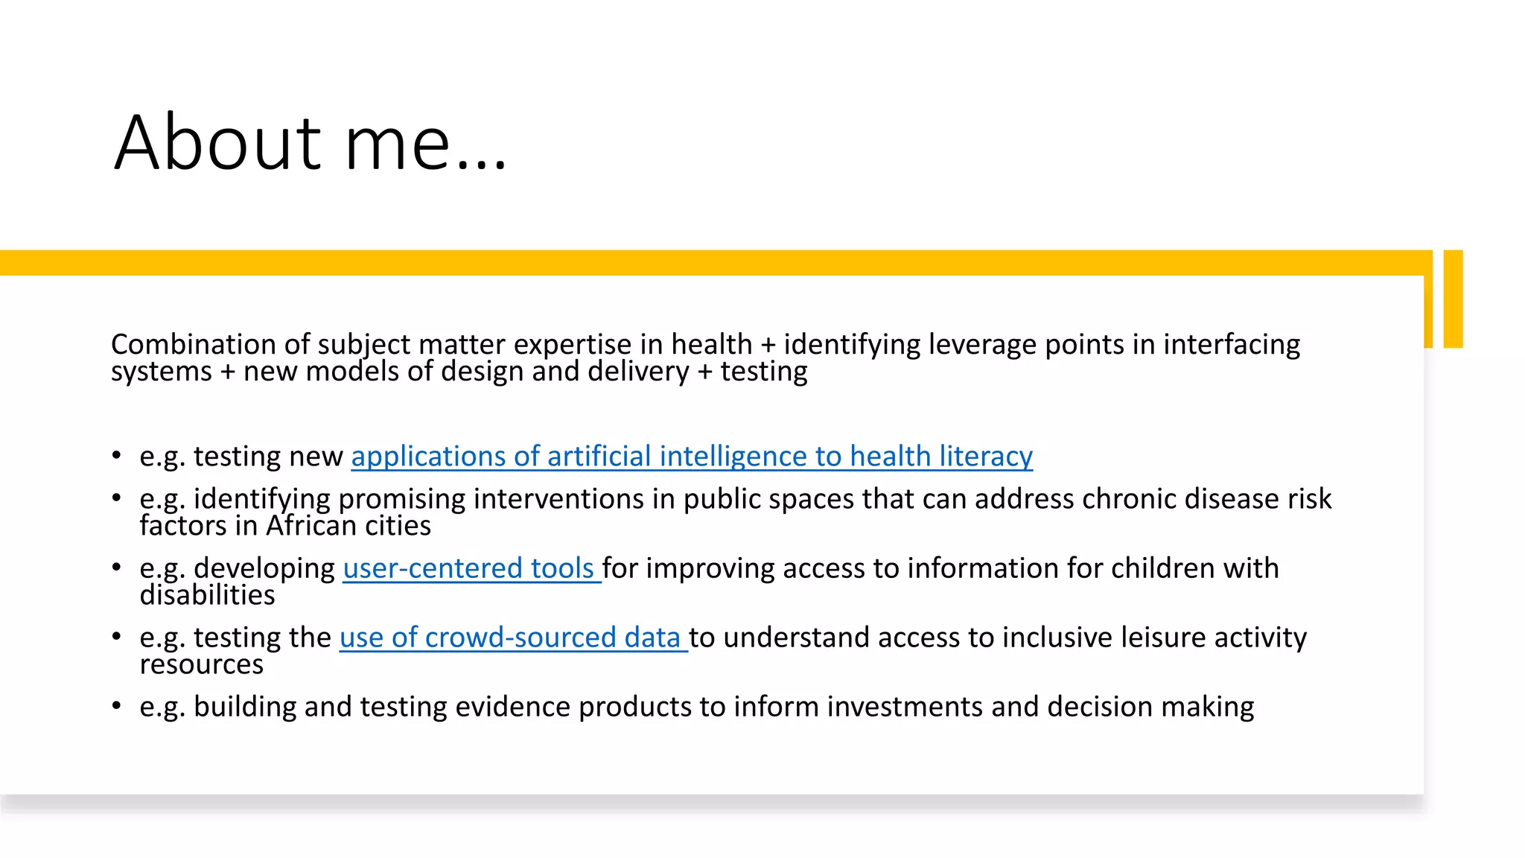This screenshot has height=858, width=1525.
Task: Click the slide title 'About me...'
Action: [x=310, y=142]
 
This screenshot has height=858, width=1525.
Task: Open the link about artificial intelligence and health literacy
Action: [x=692, y=456]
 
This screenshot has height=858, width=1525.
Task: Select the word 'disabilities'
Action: [x=207, y=595]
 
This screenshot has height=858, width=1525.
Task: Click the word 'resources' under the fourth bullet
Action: [x=201, y=664]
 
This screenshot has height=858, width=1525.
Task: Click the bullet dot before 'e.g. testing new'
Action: [x=117, y=455]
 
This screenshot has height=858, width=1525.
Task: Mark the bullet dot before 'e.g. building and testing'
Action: [x=117, y=705]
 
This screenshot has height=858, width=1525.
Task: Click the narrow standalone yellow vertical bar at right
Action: [x=1453, y=299]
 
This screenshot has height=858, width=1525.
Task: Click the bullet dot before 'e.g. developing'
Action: [x=117, y=568]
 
